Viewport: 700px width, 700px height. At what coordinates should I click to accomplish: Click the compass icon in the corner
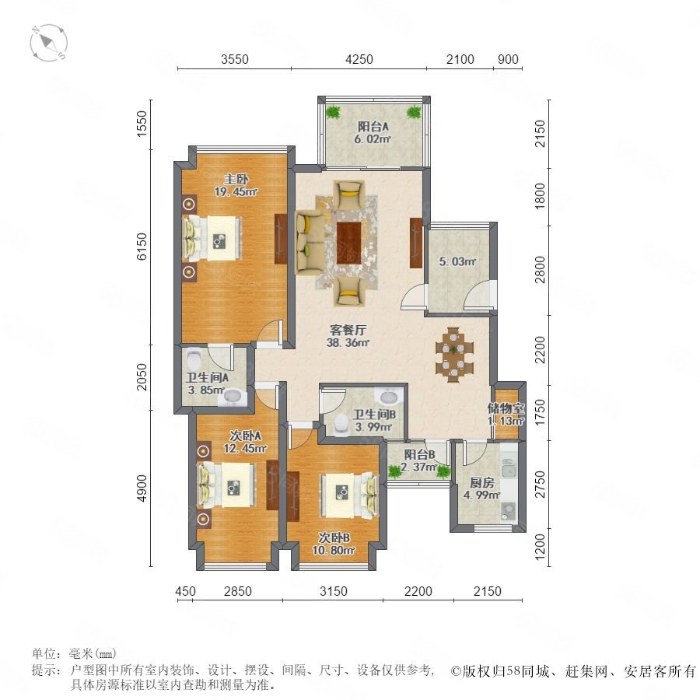pyautogui.click(x=49, y=44)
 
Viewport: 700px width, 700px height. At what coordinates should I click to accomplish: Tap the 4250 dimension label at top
pyautogui.click(x=359, y=59)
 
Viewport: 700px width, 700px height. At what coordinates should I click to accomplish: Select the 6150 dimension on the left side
pyautogui.click(x=142, y=246)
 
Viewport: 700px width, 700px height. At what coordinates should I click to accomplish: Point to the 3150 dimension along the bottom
pyautogui.click(x=333, y=591)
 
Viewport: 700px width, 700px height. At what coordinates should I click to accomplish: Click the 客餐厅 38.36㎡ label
pyautogui.click(x=348, y=336)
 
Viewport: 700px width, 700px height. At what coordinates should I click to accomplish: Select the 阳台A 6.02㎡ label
pyautogui.click(x=373, y=132)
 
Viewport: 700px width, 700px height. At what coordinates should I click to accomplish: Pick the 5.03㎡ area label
pyautogui.click(x=457, y=261)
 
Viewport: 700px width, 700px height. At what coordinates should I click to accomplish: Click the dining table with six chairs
pyautogui.click(x=454, y=355)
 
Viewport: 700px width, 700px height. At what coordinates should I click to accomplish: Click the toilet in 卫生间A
pyautogui.click(x=194, y=357)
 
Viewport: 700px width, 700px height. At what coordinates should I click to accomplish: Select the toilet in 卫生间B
pyautogui.click(x=341, y=423)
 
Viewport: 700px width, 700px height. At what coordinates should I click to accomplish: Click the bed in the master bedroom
pyautogui.click(x=212, y=238)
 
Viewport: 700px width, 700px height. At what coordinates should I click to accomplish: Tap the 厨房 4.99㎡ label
pyautogui.click(x=481, y=489)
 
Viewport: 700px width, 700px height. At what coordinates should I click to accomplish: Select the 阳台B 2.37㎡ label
pyautogui.click(x=418, y=461)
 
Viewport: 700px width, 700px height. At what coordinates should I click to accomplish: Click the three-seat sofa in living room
pyautogui.click(x=310, y=243)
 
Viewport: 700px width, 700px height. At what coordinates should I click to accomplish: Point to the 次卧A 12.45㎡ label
pyautogui.click(x=245, y=442)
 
